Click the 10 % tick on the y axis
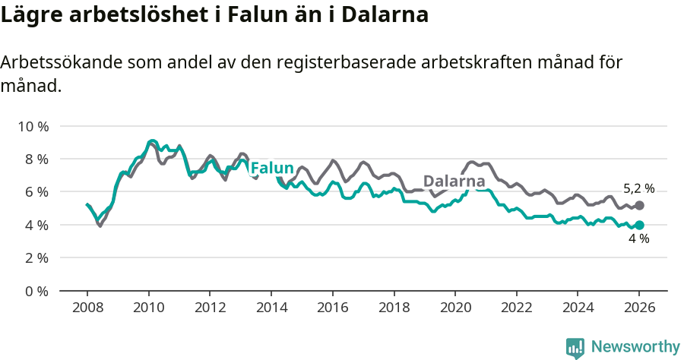tap(31, 126)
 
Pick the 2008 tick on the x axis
tap(87, 308)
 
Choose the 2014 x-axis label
tap(271, 308)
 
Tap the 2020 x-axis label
tap(455, 308)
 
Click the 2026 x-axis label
tap(639, 308)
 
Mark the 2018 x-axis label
tap(394, 308)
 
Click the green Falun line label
tap(271, 168)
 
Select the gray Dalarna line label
tap(454, 182)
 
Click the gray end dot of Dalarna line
tap(639, 206)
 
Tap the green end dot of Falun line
tap(639, 225)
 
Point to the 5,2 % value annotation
tap(638, 189)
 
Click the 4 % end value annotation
tap(638, 239)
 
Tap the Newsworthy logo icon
tap(575, 348)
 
